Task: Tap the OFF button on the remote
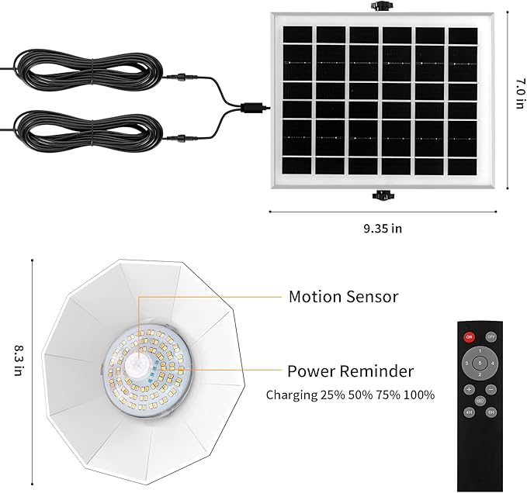click(491, 337)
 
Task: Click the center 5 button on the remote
click(480, 363)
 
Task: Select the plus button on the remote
click(470, 389)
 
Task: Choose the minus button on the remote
click(491, 389)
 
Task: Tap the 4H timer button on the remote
click(470, 413)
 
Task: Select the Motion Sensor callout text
click(343, 296)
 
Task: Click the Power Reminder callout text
click(350, 371)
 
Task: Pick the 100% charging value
click(418, 395)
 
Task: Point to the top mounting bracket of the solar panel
click(380, 7)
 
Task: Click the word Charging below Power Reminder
click(292, 395)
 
